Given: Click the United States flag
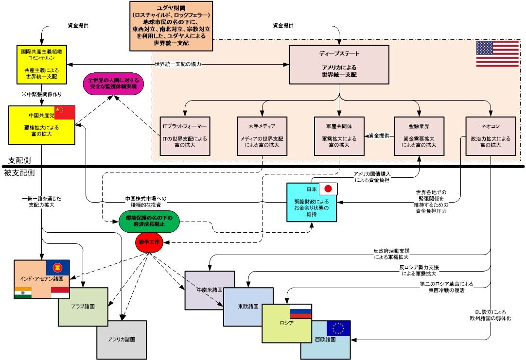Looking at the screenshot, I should point(497,54).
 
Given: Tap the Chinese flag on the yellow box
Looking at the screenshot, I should point(65,112).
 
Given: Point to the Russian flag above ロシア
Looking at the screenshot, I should point(300,311).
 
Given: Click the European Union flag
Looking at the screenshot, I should point(338,329).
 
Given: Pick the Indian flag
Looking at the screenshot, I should point(22,292).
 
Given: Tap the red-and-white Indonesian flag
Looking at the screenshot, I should point(60,292).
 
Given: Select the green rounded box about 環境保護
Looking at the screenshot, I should point(149,221).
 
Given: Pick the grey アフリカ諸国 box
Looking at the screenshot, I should point(122,340).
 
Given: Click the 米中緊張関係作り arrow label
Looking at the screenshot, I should point(42,94).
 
